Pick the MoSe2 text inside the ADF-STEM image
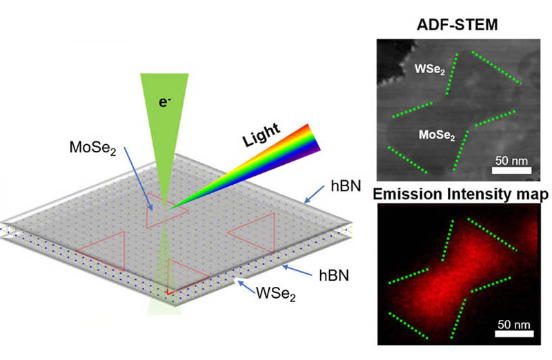coord(437,136)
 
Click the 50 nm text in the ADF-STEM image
coord(512,160)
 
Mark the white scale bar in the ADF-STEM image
coord(512,169)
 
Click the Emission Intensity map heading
coord(458,197)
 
